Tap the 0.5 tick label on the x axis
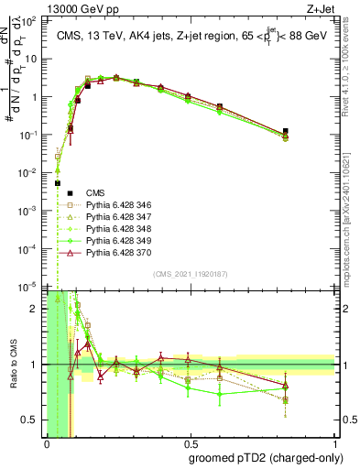191,442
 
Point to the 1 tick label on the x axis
334,442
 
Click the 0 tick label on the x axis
47,442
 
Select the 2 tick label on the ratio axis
36,309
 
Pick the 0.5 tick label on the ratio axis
32,420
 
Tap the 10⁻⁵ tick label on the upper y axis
33,287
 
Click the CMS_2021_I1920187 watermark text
191,274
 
